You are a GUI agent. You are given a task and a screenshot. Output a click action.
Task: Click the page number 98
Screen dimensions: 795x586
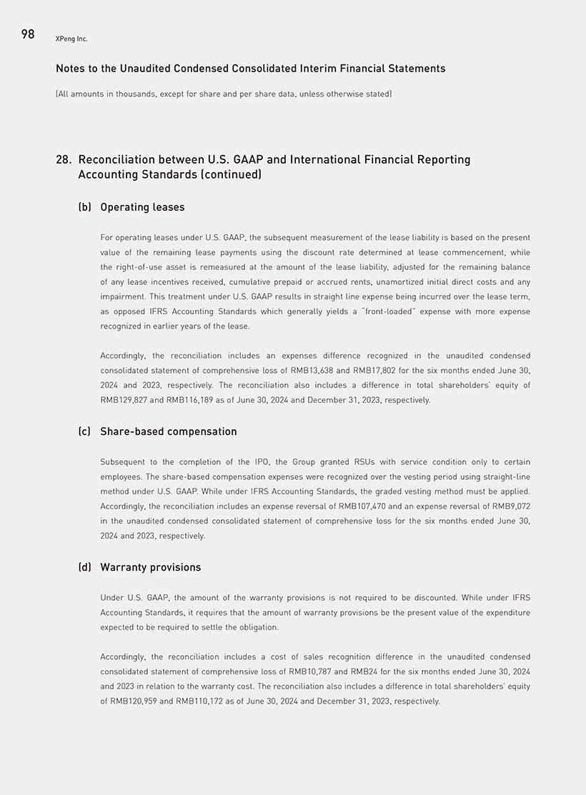click(x=28, y=34)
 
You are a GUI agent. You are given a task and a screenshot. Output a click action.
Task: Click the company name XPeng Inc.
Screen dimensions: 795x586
click(x=71, y=39)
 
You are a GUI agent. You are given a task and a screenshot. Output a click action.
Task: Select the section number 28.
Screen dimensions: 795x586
click(x=63, y=159)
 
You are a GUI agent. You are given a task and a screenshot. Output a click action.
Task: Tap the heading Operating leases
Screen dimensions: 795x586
click(x=142, y=207)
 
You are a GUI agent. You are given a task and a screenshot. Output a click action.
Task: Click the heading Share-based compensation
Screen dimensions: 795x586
click(x=168, y=431)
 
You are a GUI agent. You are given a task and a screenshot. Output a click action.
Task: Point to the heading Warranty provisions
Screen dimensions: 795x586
click(x=150, y=567)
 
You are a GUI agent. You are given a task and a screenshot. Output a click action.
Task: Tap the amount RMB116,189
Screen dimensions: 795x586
click(x=191, y=400)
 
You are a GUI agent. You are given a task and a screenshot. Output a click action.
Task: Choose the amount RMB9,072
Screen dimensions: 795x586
click(x=506, y=506)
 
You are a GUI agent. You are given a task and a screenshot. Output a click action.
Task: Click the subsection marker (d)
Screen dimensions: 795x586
click(x=85, y=567)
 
